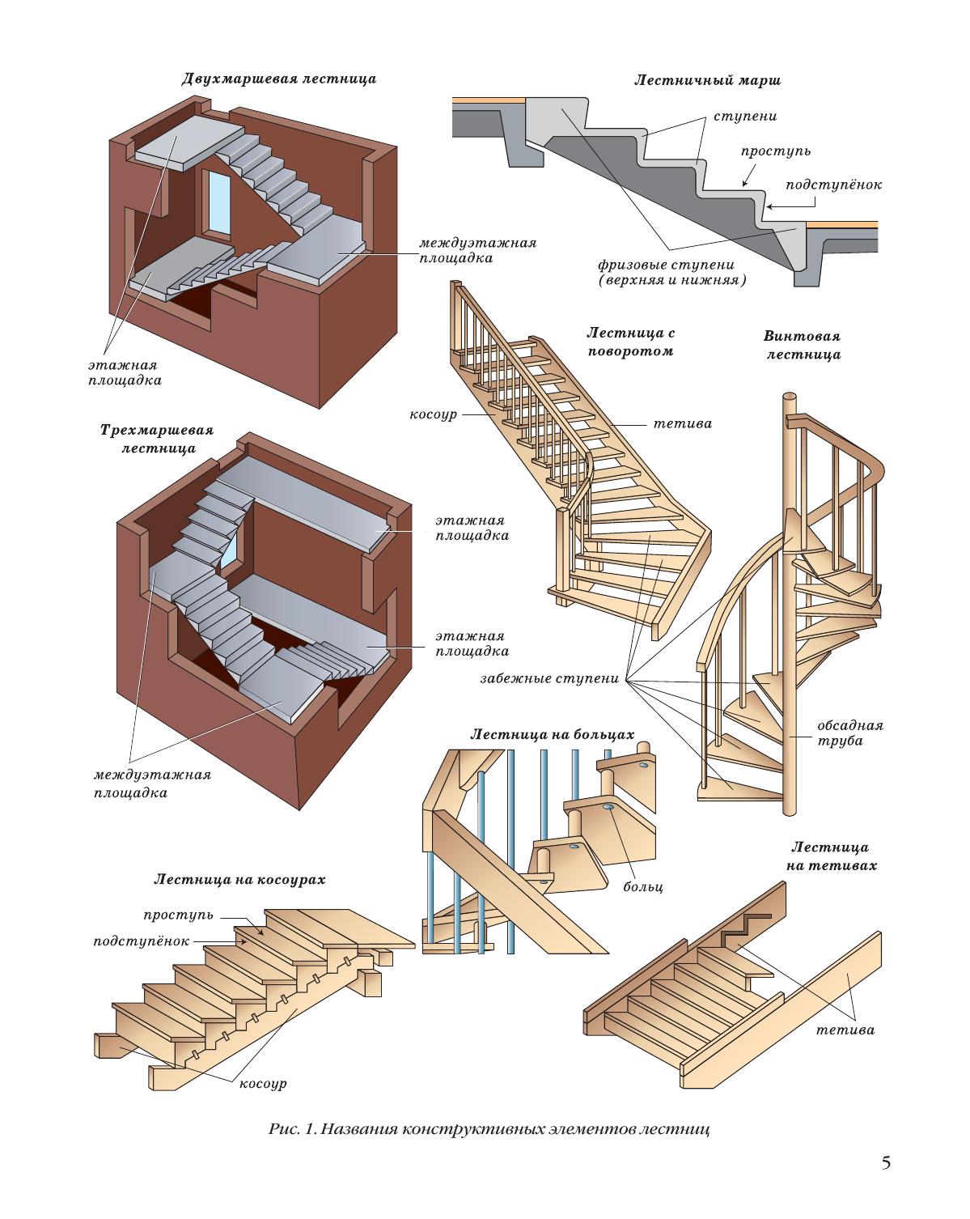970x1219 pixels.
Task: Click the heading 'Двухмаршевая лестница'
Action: [278, 79]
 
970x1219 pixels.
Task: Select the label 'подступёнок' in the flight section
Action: [833, 185]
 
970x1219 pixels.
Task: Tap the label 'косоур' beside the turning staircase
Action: [434, 414]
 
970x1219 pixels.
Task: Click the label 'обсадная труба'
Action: [850, 733]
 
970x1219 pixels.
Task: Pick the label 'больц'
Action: [642, 887]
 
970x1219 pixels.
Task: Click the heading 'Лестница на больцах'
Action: [552, 735]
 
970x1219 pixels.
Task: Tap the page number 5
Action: [886, 1163]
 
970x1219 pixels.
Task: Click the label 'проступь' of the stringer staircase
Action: [179, 915]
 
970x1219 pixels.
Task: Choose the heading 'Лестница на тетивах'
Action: [830, 856]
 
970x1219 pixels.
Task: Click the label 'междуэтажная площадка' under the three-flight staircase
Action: [152, 784]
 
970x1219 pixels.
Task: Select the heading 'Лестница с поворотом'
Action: [631, 342]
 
